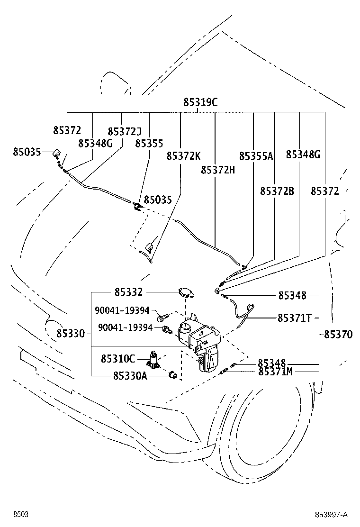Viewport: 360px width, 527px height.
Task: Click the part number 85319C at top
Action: click(200, 102)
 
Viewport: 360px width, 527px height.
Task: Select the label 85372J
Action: click(125, 131)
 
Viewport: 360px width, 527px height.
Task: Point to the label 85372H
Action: click(218, 170)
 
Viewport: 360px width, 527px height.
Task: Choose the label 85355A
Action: click(256, 156)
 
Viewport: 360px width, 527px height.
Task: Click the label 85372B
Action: click(277, 191)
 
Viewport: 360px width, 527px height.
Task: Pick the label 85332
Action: click(129, 292)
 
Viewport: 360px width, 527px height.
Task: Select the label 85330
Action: click(71, 334)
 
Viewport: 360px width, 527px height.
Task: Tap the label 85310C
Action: click(118, 359)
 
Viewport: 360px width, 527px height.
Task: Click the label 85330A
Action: click(130, 376)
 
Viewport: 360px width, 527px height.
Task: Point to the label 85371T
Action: click(295, 318)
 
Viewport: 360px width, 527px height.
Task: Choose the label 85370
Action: click(338, 335)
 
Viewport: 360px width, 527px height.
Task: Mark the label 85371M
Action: click(275, 372)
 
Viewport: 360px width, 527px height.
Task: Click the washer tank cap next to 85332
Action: click(186, 292)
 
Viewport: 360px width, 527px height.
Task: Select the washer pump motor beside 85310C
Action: click(154, 359)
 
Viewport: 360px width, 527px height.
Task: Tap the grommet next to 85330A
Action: click(173, 374)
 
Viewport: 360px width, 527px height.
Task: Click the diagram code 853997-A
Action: click(331, 515)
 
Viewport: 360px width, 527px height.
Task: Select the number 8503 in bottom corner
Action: click(20, 515)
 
